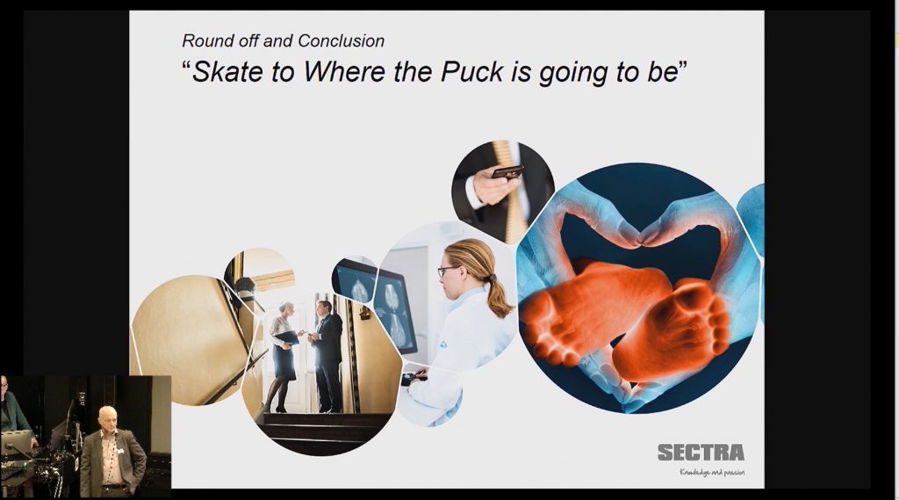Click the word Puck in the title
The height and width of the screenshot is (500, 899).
[x=472, y=71]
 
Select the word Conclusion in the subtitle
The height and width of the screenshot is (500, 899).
[x=342, y=40]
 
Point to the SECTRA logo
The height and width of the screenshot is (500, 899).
[x=701, y=453]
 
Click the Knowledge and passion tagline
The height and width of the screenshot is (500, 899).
[x=711, y=473]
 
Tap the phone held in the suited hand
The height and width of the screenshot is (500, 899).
[x=507, y=171]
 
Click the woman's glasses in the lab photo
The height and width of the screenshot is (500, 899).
[x=447, y=271]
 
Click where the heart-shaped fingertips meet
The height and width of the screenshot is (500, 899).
[x=640, y=239]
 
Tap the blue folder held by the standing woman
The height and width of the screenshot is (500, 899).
[x=287, y=337]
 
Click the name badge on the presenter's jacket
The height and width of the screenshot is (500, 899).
[x=119, y=451]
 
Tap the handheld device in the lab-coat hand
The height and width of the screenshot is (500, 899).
[x=414, y=379]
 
